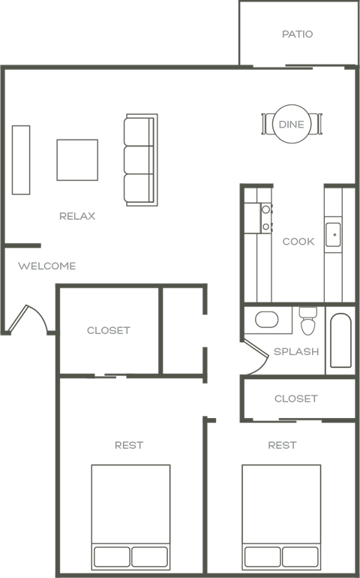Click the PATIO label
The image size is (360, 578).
pyautogui.click(x=297, y=35)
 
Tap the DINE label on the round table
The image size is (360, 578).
pyautogui.click(x=291, y=125)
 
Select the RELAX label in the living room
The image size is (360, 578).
pyautogui.click(x=77, y=216)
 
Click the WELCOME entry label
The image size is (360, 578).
pyautogui.click(x=46, y=266)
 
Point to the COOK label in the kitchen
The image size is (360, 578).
pyautogui.click(x=298, y=242)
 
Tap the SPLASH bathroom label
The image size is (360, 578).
pyautogui.click(x=295, y=351)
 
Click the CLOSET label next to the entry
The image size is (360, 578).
pyautogui.click(x=108, y=330)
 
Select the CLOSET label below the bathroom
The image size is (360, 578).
pyautogui.click(x=295, y=399)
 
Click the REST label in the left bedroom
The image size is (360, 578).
pyautogui.click(x=129, y=445)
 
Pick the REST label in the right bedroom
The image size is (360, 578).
pyautogui.click(x=282, y=445)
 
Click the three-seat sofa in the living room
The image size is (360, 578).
pyautogui.click(x=140, y=160)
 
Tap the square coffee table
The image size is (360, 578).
pyautogui.click(x=77, y=160)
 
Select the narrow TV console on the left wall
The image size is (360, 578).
pyautogui.click(x=21, y=160)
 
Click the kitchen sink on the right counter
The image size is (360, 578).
pyautogui.click(x=334, y=234)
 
